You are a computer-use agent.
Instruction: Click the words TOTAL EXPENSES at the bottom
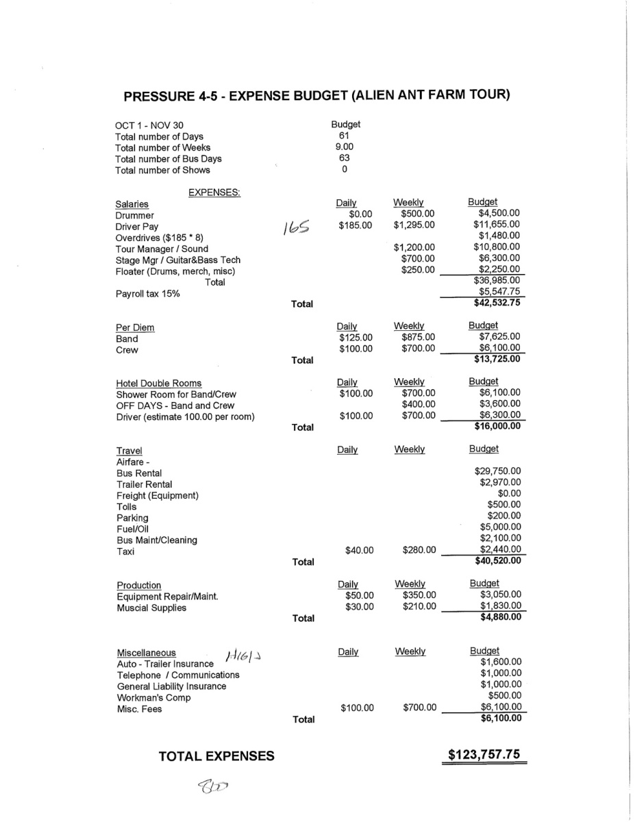click(216, 756)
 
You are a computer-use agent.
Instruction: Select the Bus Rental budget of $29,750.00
click(497, 471)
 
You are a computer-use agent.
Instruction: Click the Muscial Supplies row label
click(151, 608)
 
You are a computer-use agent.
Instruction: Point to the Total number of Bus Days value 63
click(345, 158)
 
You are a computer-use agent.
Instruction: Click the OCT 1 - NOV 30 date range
click(149, 125)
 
